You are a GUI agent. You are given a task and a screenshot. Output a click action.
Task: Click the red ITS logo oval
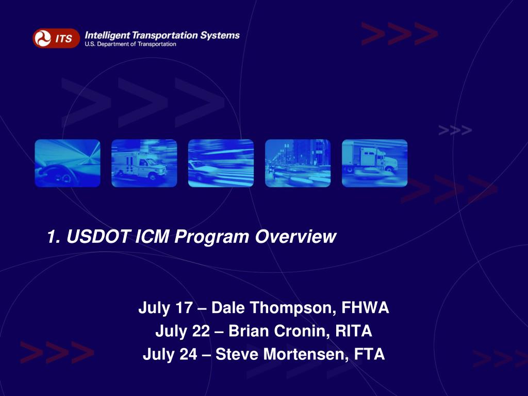coord(56,38)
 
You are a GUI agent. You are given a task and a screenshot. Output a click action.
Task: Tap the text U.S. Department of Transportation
coord(130,44)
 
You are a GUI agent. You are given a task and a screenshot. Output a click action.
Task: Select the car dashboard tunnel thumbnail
coord(68,163)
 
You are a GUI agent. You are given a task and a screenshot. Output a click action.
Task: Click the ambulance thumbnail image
coord(144,163)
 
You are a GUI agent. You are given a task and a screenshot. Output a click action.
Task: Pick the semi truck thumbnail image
coord(374,163)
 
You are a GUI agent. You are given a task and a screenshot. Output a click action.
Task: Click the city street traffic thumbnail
coord(298,163)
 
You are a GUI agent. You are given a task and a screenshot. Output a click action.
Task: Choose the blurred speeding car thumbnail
coord(221,163)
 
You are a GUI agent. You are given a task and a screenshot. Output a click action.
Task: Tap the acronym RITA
coord(354,332)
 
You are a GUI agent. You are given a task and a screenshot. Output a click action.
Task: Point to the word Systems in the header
coord(220,35)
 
